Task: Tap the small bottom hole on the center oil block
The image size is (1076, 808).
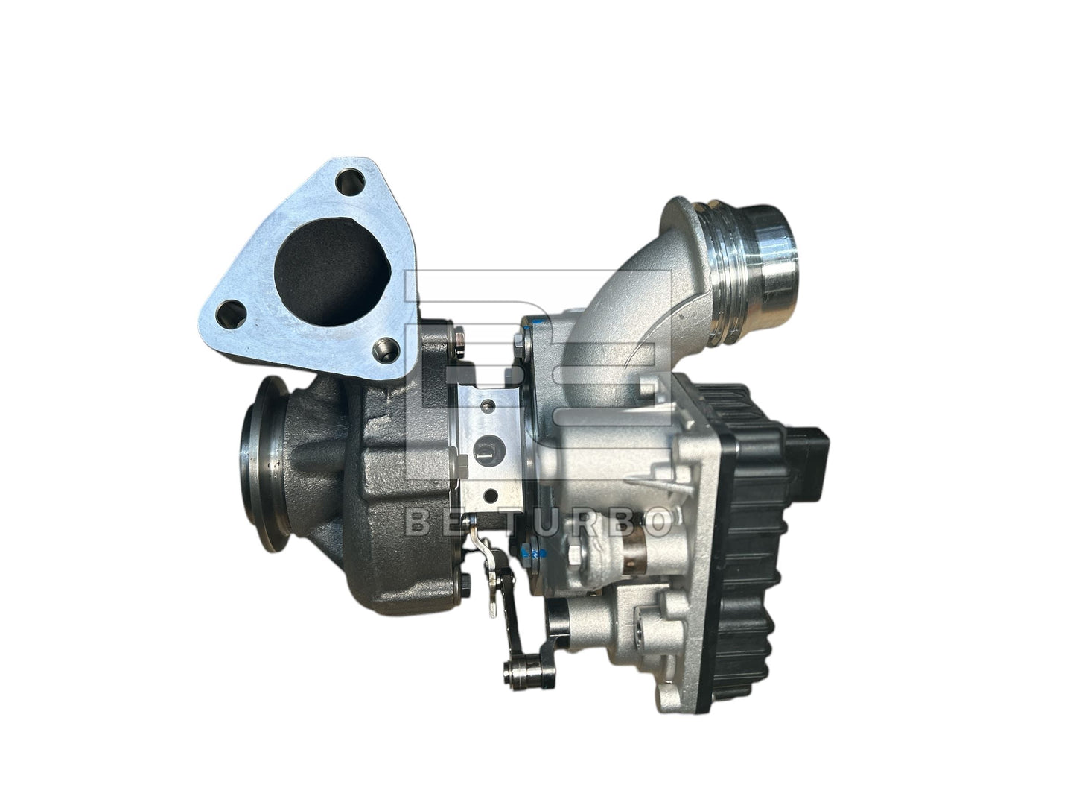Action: (490, 493)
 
